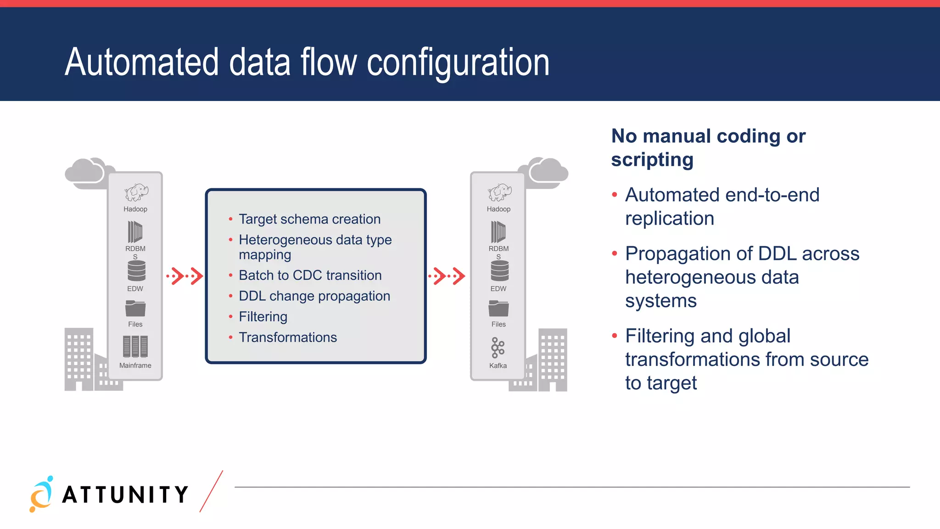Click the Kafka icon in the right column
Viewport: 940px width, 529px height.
pyautogui.click(x=498, y=348)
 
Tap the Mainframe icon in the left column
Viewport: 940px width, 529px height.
pyautogui.click(x=135, y=346)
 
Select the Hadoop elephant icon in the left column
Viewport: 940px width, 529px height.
pyautogui.click(x=136, y=192)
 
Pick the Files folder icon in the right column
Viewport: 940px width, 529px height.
pyautogui.click(x=498, y=308)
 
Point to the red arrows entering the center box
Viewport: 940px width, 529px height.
pyautogui.click(x=185, y=276)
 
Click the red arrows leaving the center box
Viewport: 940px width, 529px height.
pyautogui.click(x=447, y=276)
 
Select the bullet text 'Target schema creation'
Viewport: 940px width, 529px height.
pyautogui.click(x=309, y=219)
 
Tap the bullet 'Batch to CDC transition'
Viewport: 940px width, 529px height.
pyautogui.click(x=310, y=275)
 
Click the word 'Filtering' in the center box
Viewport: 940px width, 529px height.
pyautogui.click(x=263, y=316)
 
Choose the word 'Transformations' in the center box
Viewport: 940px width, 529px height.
pyautogui.click(x=288, y=337)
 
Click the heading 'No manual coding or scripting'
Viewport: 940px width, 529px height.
pyautogui.click(x=708, y=147)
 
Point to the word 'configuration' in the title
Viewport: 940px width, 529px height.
pyautogui.click(x=458, y=62)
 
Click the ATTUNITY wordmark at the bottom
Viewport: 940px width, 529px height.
pyautogui.click(x=125, y=495)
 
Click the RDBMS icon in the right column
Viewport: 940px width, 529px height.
pyautogui.click(x=498, y=231)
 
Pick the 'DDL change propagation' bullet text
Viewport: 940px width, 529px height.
pyautogui.click(x=314, y=296)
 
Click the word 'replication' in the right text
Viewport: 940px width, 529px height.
pyautogui.click(x=669, y=219)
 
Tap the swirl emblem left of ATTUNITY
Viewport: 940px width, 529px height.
pyautogui.click(x=41, y=494)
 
